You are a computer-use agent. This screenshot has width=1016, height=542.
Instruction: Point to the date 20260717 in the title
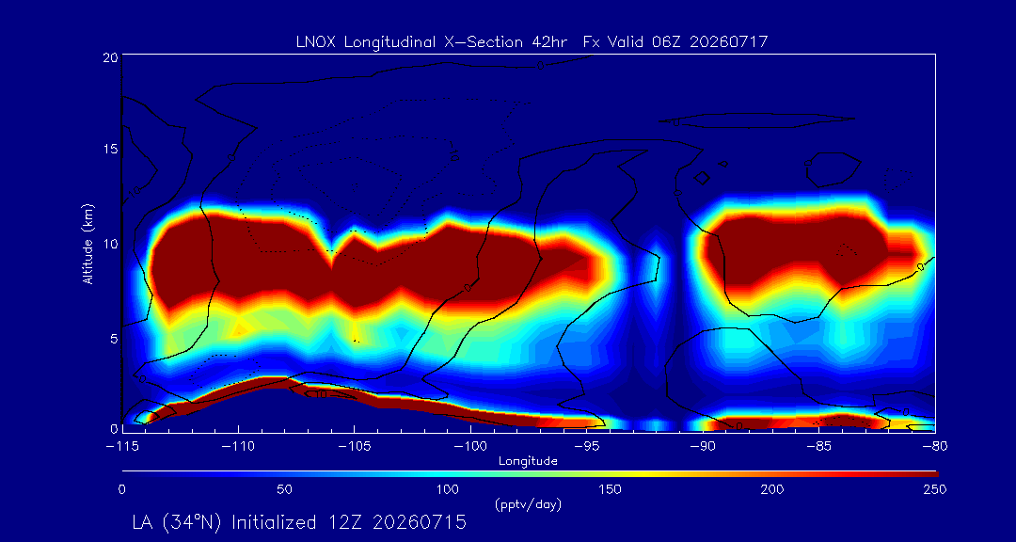pyautogui.click(x=729, y=42)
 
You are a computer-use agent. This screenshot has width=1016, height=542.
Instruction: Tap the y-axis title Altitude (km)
pyautogui.click(x=87, y=243)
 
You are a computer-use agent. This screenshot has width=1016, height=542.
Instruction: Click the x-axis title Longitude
pyautogui.click(x=528, y=462)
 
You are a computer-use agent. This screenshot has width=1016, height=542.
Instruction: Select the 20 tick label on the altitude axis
pyautogui.click(x=109, y=57)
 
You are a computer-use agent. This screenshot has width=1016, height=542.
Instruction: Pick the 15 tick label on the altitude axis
pyautogui.click(x=109, y=149)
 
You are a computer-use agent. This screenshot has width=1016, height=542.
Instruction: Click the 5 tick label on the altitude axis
pyautogui.click(x=113, y=338)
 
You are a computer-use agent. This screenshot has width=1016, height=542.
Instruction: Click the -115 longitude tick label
pyautogui.click(x=121, y=447)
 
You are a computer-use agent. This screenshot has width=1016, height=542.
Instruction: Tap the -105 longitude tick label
pyautogui.click(x=354, y=447)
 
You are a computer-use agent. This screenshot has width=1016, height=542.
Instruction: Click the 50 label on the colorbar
pyautogui.click(x=284, y=489)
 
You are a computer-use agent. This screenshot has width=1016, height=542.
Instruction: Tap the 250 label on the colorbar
pyautogui.click(x=936, y=489)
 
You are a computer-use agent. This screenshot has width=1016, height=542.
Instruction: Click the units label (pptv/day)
pyautogui.click(x=528, y=504)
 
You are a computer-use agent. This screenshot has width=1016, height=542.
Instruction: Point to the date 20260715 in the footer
pyautogui.click(x=418, y=522)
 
